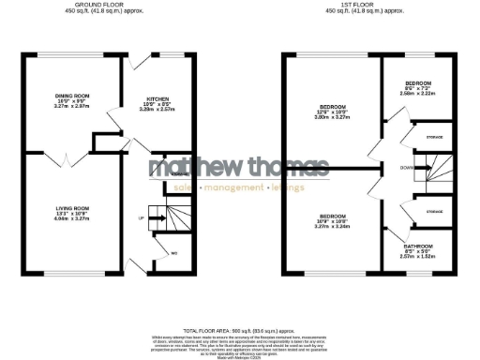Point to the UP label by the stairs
142,218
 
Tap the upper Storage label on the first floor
433,137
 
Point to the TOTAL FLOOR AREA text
240,331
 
